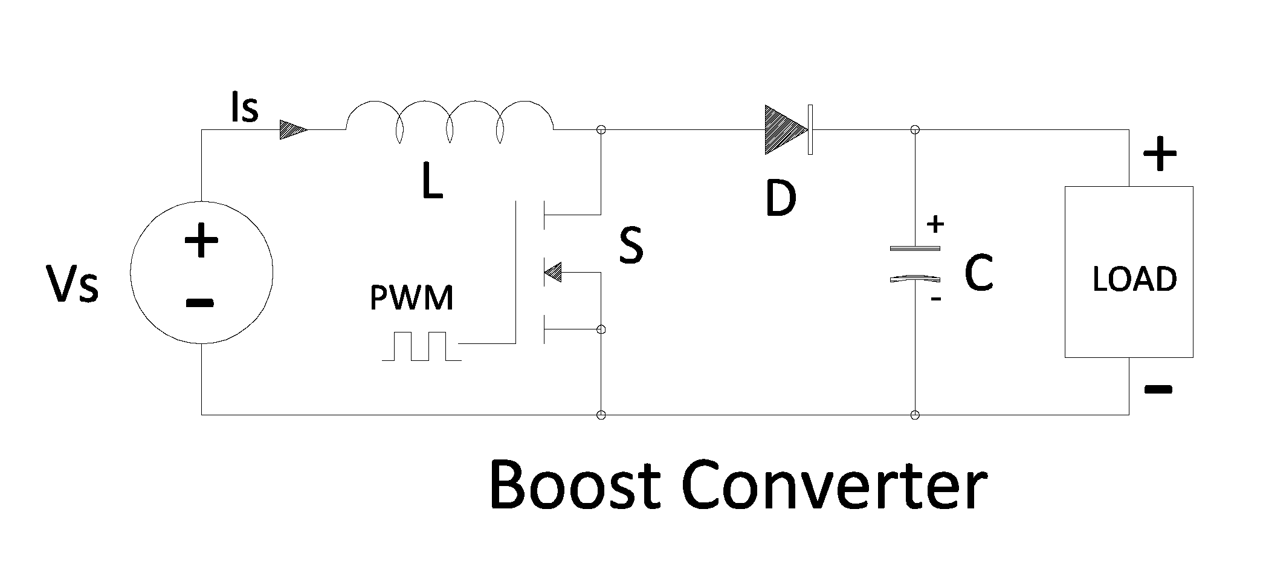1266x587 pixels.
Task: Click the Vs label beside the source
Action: coord(73,284)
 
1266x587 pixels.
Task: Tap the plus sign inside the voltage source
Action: coord(201,241)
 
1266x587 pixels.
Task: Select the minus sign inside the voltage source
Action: coord(200,302)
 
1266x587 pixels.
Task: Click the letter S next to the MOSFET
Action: coord(631,246)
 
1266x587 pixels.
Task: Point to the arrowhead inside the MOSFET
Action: coord(552,273)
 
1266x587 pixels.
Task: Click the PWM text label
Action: coord(412,298)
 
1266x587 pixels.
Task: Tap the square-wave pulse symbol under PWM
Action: coord(422,346)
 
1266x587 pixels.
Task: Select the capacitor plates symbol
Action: coord(916,264)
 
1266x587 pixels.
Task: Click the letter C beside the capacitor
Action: coord(978,273)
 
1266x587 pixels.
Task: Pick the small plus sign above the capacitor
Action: coord(935,224)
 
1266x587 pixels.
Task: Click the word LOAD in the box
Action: coord(1135,279)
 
